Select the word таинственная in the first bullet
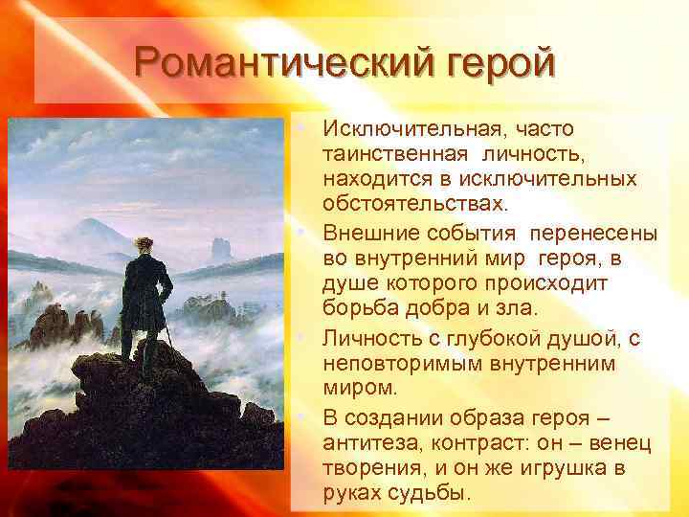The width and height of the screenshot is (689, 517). click(395, 153)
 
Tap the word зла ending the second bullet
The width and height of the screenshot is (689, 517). click(522, 307)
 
